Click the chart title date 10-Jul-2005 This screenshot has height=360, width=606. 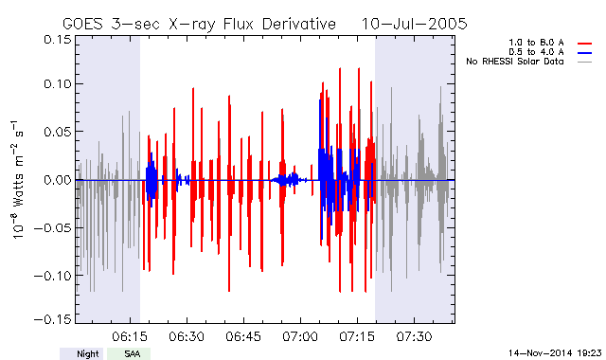point(414,24)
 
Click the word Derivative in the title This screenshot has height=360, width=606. point(299,24)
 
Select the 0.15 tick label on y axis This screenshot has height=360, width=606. point(58,40)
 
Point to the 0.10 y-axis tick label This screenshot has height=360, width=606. point(58,84)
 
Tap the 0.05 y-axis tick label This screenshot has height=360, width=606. point(58,132)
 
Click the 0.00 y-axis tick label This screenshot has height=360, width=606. point(58,180)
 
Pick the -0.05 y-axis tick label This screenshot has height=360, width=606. point(53,227)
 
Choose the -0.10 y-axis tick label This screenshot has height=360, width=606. point(53,276)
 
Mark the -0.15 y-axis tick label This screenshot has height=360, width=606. point(53,319)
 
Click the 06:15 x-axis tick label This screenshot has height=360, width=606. point(130,336)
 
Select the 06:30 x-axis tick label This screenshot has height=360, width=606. point(187,336)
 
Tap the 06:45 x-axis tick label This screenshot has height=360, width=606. point(243,336)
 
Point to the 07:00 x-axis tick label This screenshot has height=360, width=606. point(300,336)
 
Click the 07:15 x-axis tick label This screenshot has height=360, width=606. point(357,336)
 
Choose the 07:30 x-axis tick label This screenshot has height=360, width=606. point(414,336)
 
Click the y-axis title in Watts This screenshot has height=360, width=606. point(17,180)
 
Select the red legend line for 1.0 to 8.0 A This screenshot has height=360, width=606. point(585,44)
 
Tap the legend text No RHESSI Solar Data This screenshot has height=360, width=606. point(515,62)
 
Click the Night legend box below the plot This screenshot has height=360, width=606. point(81,353)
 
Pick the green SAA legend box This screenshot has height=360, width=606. point(129,353)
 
